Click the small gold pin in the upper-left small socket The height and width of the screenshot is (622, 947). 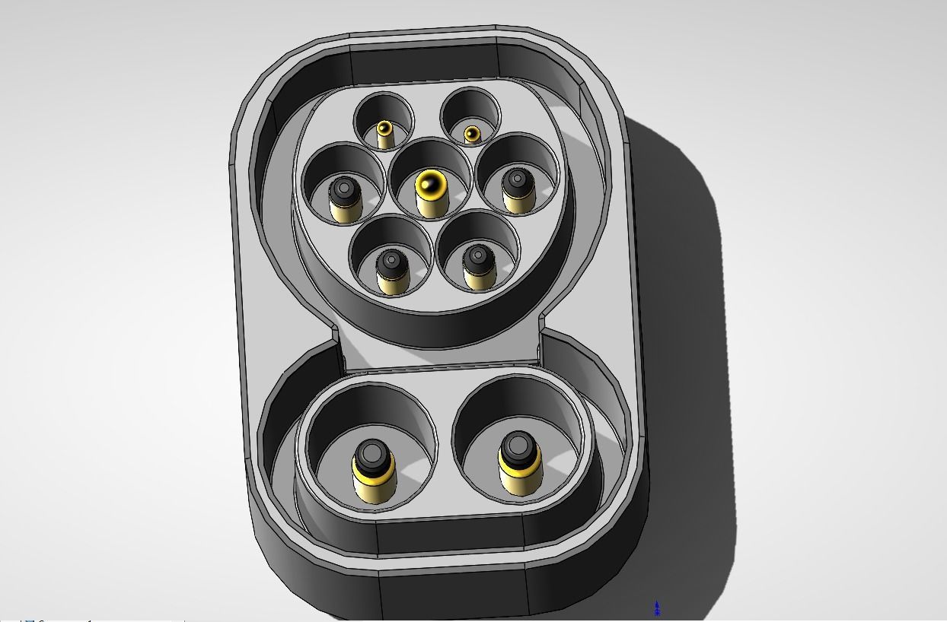(384, 132)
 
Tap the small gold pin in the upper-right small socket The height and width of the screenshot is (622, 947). (472, 135)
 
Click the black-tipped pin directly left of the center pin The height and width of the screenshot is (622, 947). (344, 198)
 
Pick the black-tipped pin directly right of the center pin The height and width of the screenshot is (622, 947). (518, 190)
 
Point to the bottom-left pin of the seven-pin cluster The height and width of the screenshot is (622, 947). (392, 271)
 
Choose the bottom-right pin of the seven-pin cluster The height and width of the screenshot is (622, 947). (479, 266)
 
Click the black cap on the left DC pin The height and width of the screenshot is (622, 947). (372, 454)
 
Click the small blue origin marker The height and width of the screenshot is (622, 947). (657, 608)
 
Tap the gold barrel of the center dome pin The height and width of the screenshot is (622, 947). (432, 205)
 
